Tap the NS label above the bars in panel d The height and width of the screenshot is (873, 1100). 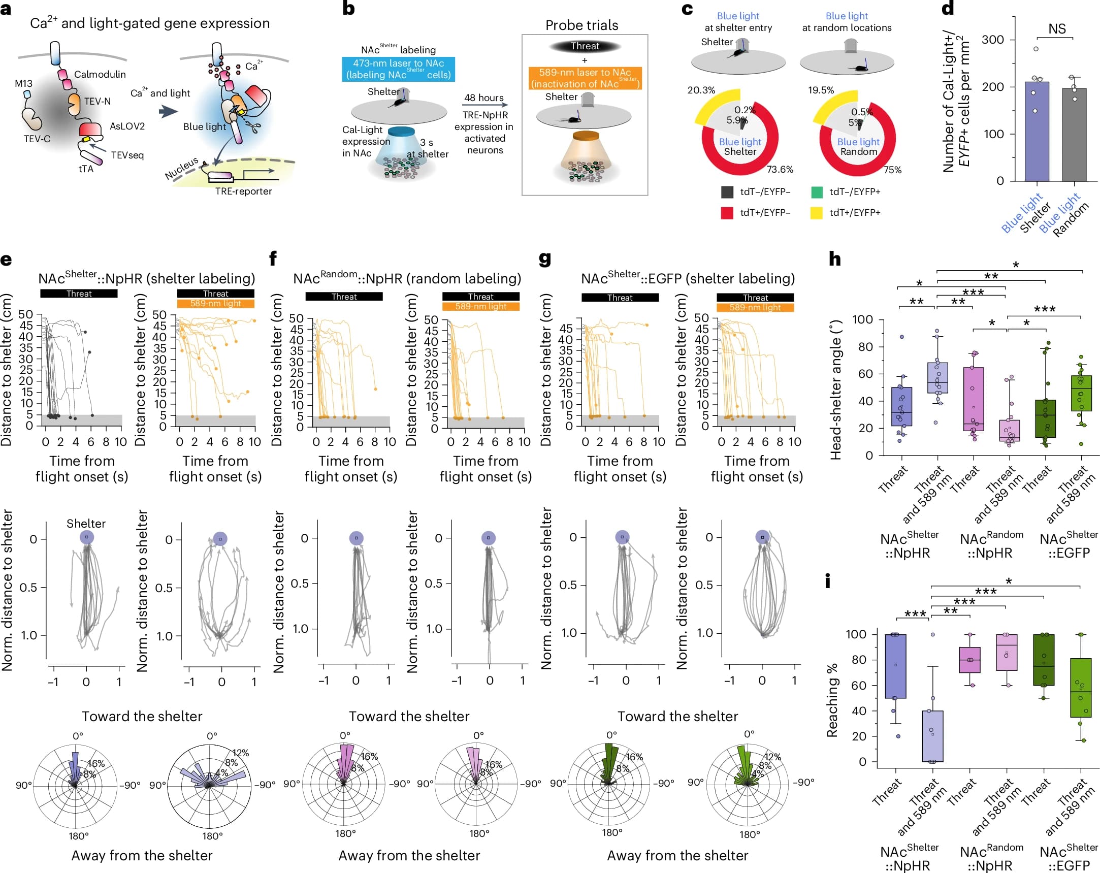1057,29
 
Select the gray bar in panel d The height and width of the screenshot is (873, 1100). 1074,134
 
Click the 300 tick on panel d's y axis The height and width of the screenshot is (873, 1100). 992,40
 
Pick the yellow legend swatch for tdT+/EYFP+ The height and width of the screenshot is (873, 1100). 816,213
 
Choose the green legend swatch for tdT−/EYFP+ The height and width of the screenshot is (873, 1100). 816,192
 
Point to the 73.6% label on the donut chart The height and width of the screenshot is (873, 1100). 780,170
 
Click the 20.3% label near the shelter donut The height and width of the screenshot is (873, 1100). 701,90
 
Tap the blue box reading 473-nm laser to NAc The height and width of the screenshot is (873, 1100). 398,69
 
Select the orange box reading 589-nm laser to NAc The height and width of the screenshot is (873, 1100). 585,78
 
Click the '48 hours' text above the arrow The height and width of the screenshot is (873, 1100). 483,98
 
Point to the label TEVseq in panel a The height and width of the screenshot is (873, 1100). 127,155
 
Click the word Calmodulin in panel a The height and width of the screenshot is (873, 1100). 100,75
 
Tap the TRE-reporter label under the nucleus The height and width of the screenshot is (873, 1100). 243,191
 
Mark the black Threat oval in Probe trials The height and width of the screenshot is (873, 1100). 585,46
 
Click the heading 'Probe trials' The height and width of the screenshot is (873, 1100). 581,25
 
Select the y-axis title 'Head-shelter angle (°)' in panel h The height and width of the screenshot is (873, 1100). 835,391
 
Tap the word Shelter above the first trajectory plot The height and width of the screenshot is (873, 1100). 86,524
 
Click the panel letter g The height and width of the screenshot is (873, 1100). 545,259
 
